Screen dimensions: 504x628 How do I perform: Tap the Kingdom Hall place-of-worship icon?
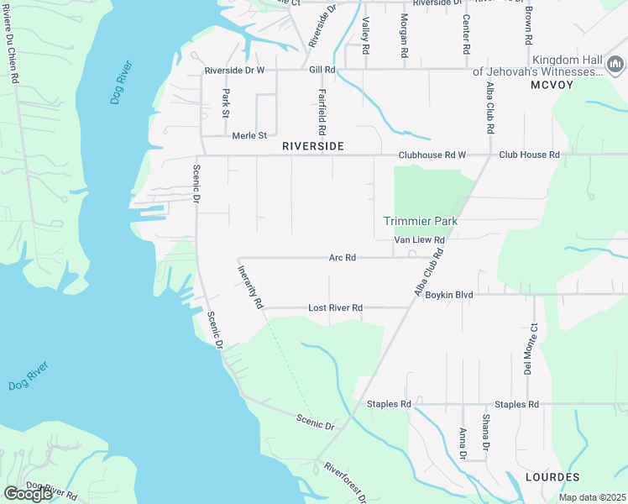click(615, 64)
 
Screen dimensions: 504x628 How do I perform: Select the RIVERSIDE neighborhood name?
click(312, 146)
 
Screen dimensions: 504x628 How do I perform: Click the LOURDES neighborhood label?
click(552, 476)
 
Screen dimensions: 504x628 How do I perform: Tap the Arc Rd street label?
click(343, 258)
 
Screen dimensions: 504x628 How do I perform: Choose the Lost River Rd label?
click(335, 307)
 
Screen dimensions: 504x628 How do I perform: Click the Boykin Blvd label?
click(449, 295)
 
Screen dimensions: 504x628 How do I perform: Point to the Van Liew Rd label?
click(419, 240)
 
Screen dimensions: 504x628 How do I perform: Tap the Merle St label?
click(249, 135)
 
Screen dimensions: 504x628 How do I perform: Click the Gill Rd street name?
click(322, 71)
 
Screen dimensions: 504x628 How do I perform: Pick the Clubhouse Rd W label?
click(432, 155)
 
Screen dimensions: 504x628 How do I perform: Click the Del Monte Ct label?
click(530, 348)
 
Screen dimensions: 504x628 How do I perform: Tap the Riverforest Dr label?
click(346, 482)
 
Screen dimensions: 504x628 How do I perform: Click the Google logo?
click(28, 493)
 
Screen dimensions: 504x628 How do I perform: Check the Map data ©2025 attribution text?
click(591, 497)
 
